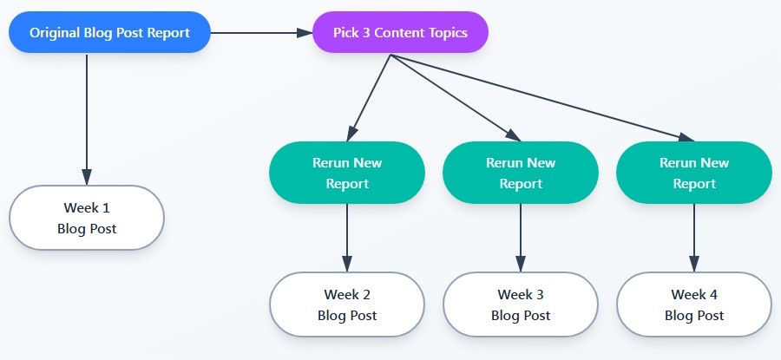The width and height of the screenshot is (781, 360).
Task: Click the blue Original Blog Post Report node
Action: point(109,33)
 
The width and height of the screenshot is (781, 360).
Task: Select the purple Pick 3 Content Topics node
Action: point(400,33)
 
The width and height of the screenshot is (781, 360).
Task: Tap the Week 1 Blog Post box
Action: point(87,218)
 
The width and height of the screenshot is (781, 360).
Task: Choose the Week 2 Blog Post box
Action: point(347,304)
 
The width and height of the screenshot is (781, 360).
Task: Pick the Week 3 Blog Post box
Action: point(521,304)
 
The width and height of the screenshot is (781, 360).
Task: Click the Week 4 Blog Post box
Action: point(694,304)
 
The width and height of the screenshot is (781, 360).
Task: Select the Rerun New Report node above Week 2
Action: point(347,173)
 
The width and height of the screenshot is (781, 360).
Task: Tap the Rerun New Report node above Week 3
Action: point(521,173)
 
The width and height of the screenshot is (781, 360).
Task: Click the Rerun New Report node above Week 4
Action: point(694,173)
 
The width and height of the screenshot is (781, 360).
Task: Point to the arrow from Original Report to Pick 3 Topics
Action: point(260,33)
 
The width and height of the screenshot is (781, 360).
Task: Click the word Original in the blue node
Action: point(56,33)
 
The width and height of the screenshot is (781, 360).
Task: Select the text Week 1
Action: point(87,208)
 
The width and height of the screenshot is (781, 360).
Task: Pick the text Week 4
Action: point(694,295)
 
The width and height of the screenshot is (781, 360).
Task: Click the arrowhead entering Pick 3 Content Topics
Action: point(305,33)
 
